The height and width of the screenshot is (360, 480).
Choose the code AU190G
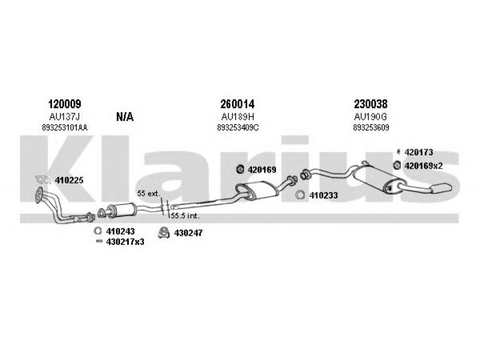371,116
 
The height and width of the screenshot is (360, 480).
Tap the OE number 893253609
371,128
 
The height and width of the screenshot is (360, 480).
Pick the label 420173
419,152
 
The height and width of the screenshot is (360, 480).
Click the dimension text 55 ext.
148,194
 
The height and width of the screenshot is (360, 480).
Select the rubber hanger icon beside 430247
163,232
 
